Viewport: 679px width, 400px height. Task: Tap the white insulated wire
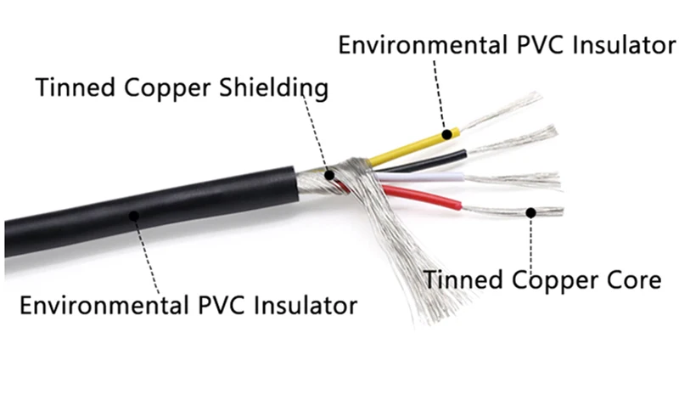(x=419, y=177)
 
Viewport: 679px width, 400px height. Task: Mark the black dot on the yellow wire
(x=447, y=134)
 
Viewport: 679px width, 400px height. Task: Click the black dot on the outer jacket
(x=134, y=216)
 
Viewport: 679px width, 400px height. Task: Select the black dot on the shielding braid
(x=329, y=175)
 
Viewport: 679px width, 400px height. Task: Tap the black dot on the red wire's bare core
(x=531, y=213)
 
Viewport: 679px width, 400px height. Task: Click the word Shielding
(x=273, y=88)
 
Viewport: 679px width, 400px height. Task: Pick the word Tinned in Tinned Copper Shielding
(x=75, y=87)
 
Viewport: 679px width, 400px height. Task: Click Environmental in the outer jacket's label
(x=104, y=305)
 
